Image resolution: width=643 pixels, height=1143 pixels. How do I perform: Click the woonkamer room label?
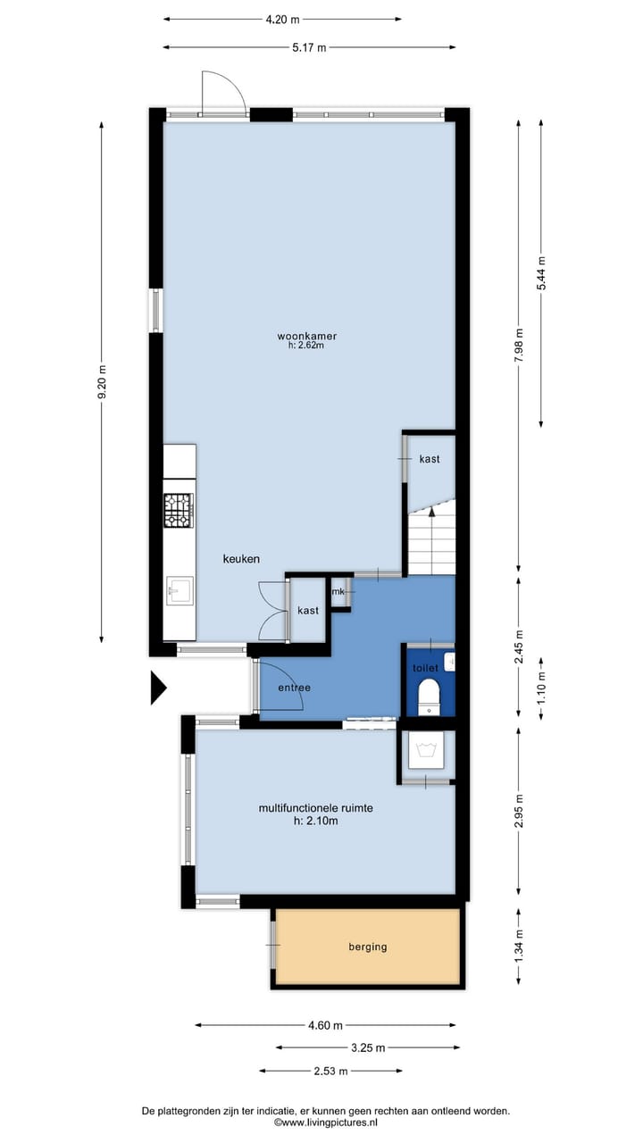300,336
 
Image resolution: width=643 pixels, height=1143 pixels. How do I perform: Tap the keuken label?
241,559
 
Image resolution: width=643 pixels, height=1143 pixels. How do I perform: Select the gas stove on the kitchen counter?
179,509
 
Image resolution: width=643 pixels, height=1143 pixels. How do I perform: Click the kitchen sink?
179,589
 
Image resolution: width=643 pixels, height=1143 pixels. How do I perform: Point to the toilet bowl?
430,694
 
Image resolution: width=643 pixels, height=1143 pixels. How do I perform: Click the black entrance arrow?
158,688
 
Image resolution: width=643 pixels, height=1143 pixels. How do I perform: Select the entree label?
294,688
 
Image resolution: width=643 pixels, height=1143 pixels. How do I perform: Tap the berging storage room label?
368,947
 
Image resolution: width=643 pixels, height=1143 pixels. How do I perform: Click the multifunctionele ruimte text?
315,808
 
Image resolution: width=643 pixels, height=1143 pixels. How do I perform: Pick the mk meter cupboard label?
338,591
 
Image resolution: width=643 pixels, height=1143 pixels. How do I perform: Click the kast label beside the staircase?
430,458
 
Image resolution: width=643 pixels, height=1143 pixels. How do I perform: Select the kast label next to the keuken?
308,611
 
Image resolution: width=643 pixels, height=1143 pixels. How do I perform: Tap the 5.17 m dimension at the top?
309,47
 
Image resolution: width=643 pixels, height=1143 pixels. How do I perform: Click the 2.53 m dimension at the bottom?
330,1071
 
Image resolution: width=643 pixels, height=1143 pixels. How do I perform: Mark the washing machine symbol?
425,751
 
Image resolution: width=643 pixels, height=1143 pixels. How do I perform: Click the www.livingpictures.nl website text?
325,1122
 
